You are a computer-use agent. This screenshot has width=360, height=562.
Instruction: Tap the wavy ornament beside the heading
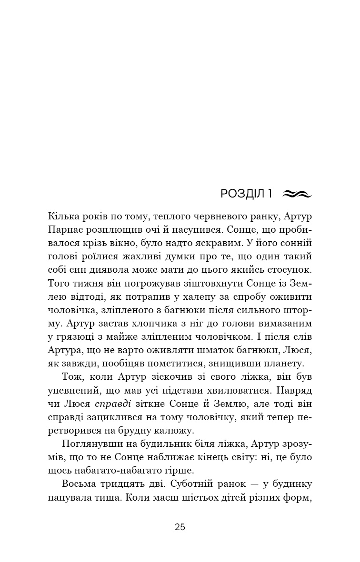(296, 194)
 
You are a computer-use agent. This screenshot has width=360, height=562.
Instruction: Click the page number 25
(180, 527)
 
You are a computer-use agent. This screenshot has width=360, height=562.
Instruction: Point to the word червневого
(206, 217)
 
